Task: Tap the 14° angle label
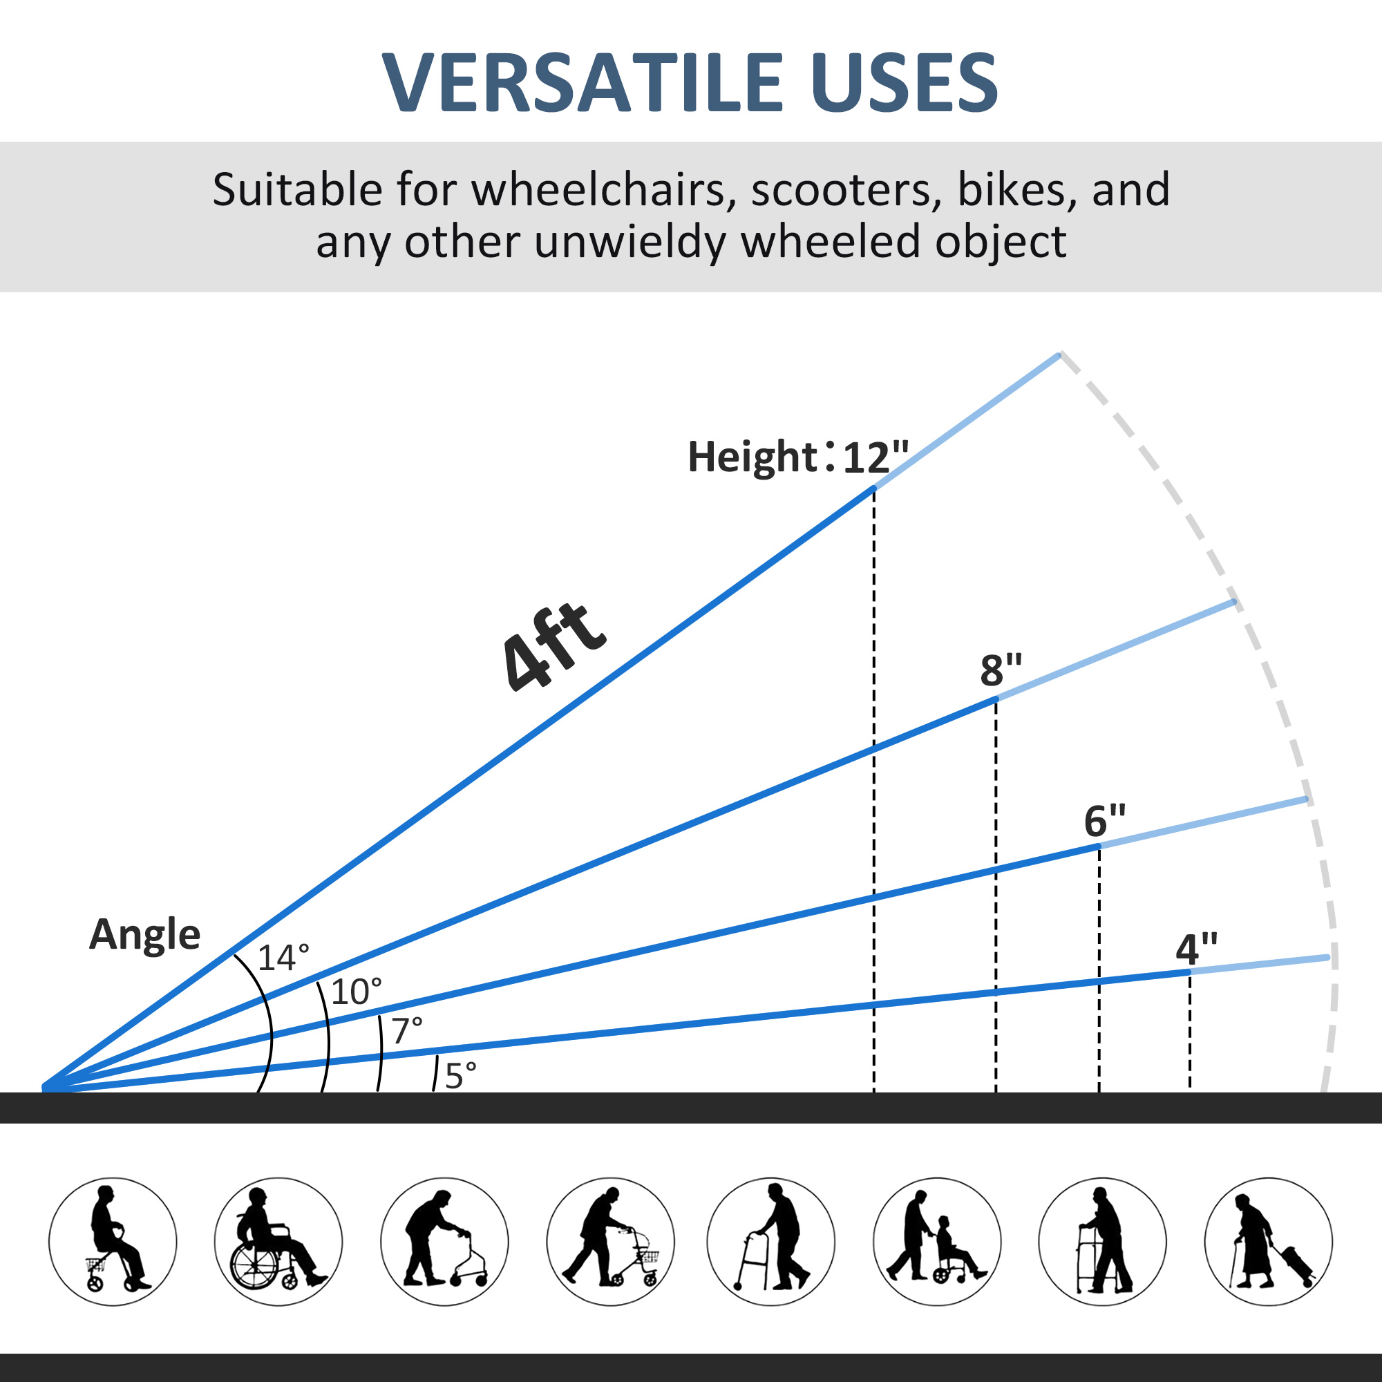[x=283, y=958]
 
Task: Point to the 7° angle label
[x=407, y=1031]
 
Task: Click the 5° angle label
[x=461, y=1076]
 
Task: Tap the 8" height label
[x=1001, y=670]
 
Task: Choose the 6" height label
[x=1104, y=820]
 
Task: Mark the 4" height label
[x=1196, y=949]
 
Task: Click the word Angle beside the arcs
[x=144, y=935]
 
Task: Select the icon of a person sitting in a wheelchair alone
[x=278, y=1242]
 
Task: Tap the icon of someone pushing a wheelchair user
[x=937, y=1242]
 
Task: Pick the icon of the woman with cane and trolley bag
[x=1268, y=1242]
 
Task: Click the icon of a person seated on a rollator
[x=113, y=1242]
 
